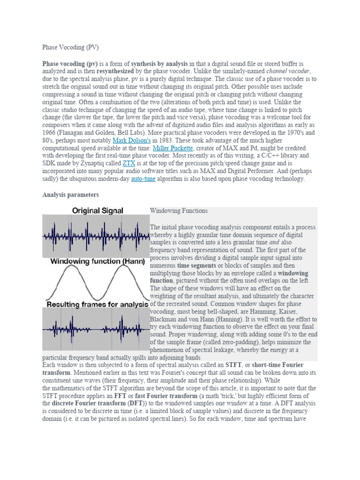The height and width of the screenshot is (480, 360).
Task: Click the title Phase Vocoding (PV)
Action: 71,47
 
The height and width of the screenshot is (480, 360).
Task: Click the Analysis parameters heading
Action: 70,194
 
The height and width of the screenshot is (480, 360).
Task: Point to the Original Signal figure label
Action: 97,211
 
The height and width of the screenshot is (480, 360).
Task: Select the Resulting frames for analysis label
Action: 97,305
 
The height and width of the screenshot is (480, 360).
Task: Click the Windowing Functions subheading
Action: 179,211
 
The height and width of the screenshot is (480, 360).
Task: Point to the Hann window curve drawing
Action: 96,283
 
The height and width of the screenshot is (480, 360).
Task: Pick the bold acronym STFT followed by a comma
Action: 234,365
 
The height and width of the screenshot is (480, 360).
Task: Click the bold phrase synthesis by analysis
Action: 159,63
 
